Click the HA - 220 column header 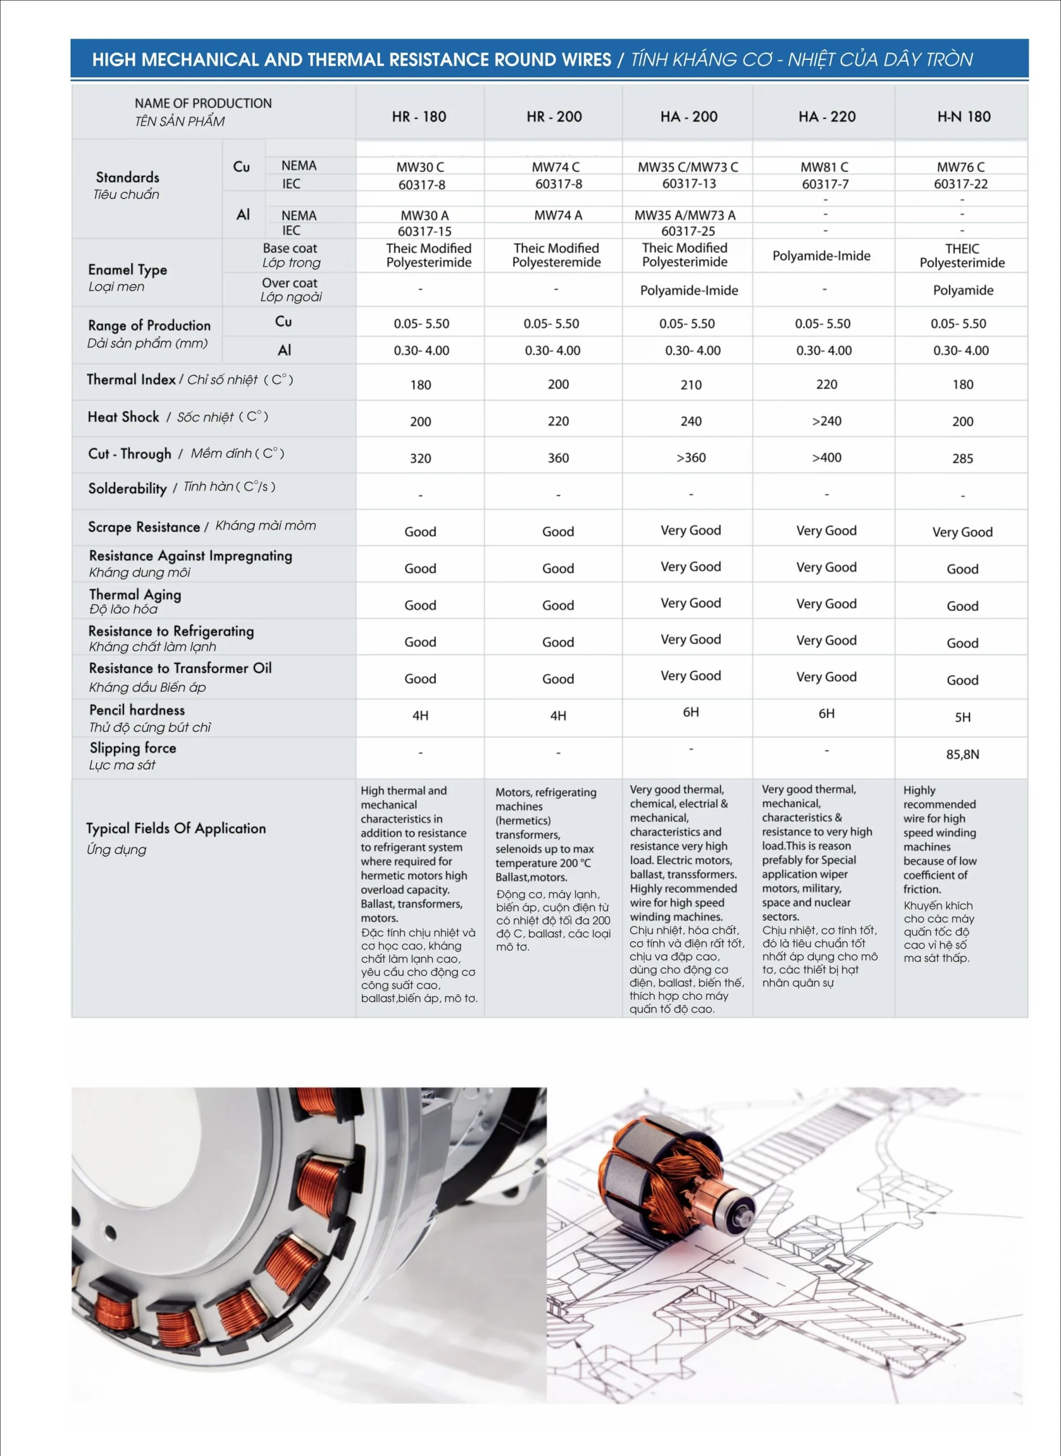[827, 116]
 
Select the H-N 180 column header [963, 116]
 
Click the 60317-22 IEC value [961, 184]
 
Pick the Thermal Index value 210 [691, 384]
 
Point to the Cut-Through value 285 [962, 458]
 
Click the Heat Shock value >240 [827, 421]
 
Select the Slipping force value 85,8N [962, 754]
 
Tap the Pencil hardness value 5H [962, 717]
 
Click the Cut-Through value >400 [827, 458]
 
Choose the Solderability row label [128, 489]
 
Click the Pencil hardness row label [137, 710]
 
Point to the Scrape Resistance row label [144, 527]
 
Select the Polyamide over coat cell [963, 290]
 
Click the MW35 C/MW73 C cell [688, 167]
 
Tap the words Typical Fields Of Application [176, 828]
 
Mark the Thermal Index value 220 [827, 384]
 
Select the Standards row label [127, 177]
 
